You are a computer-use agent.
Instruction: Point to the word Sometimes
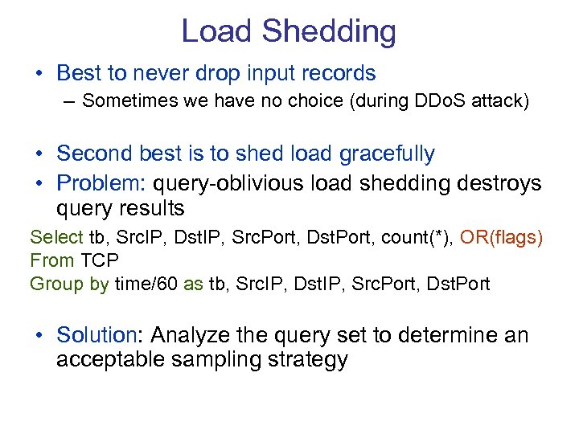click(x=122, y=101)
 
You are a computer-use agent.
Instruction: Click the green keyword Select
click(x=56, y=237)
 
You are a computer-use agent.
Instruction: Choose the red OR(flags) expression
click(x=501, y=237)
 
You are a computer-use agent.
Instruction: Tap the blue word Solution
click(x=96, y=334)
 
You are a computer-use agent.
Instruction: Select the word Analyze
click(x=191, y=334)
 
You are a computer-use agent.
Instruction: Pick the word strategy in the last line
click(x=304, y=359)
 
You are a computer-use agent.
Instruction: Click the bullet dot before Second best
click(x=39, y=154)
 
